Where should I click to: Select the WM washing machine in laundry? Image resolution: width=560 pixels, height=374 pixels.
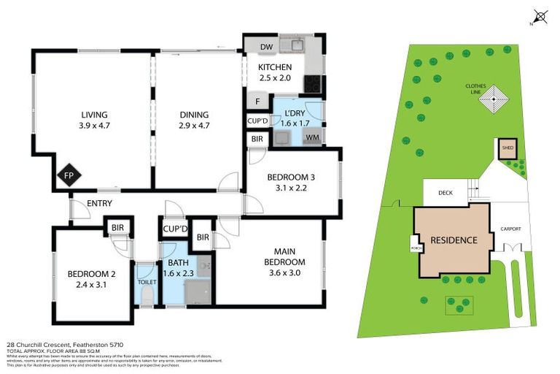(311, 137)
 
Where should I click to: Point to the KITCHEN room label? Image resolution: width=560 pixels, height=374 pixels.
(275, 67)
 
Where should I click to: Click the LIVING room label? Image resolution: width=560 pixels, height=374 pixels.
(94, 115)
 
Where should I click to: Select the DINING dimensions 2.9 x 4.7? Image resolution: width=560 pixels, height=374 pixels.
(193, 126)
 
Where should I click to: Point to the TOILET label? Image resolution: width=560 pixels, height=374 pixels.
(146, 281)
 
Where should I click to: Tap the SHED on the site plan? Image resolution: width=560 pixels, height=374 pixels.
(506, 148)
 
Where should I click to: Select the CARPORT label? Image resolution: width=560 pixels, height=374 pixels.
(510, 229)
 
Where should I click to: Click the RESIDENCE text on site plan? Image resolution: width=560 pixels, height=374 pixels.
(453, 240)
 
